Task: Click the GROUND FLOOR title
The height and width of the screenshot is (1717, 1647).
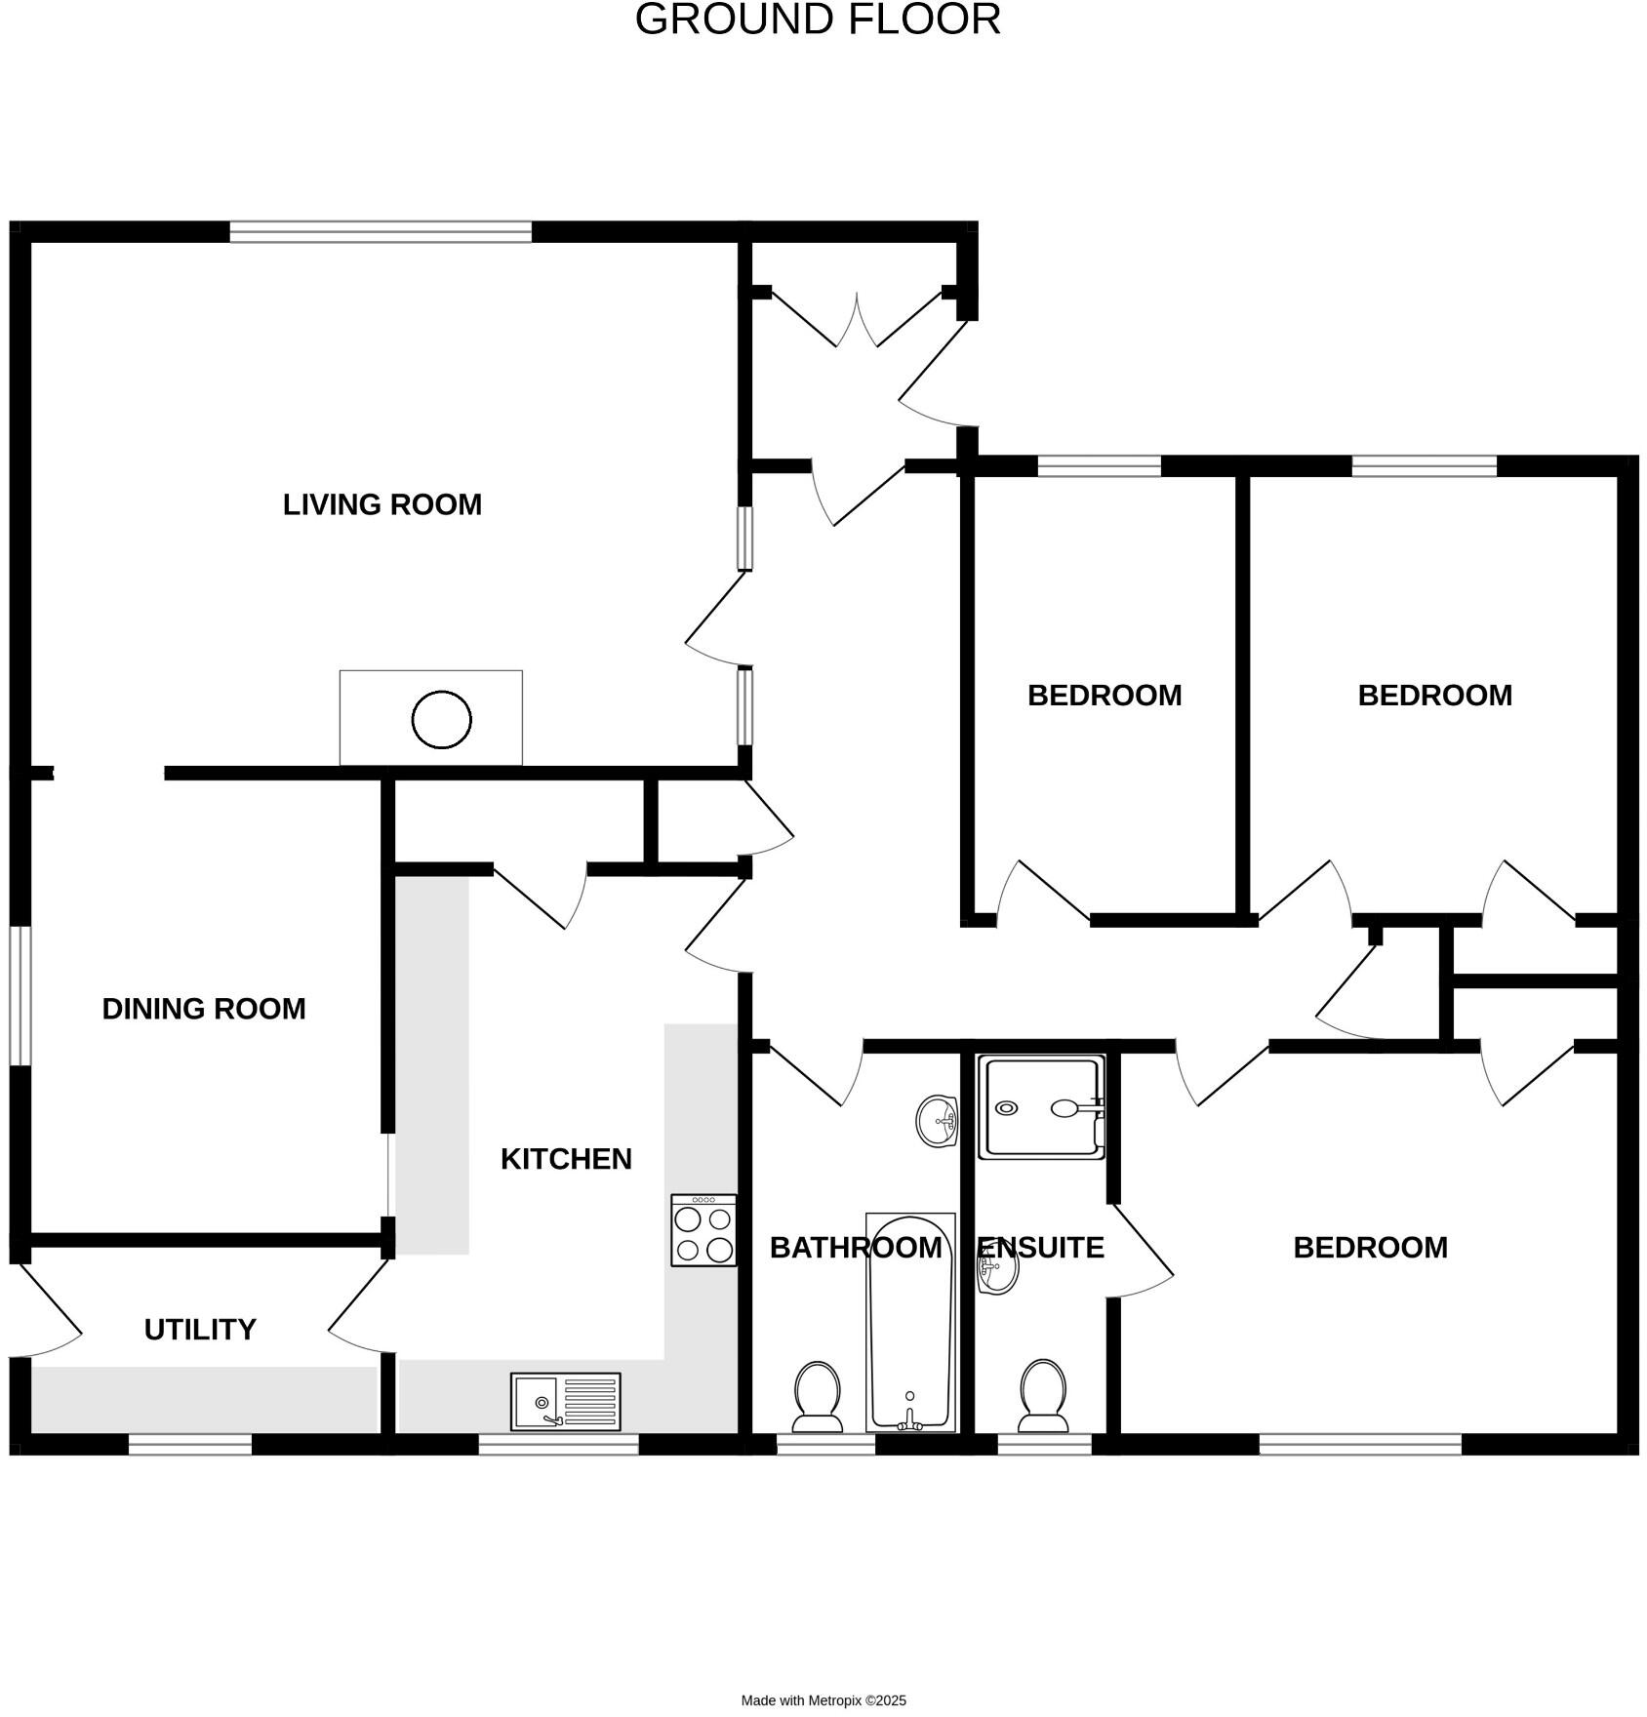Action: click(817, 20)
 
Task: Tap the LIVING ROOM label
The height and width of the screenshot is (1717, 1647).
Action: click(382, 504)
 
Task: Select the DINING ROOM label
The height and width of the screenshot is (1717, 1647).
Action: click(204, 1008)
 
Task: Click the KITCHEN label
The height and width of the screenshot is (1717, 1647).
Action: click(566, 1158)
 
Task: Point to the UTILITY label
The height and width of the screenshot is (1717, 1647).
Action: click(200, 1329)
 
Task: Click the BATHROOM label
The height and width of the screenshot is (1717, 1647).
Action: click(856, 1247)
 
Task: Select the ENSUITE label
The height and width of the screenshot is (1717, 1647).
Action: click(1041, 1247)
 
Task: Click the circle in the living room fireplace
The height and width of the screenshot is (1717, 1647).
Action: click(441, 719)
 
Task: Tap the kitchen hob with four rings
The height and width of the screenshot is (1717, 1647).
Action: click(703, 1230)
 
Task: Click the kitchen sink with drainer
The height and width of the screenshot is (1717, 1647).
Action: click(565, 1401)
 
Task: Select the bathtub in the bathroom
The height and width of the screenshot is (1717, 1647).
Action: click(910, 1322)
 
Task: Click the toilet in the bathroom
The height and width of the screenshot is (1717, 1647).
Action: click(818, 1396)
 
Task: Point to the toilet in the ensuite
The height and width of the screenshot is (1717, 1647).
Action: click(1042, 1394)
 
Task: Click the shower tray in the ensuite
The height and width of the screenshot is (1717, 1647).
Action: click(1042, 1106)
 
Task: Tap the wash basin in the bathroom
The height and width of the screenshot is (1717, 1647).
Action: click(938, 1120)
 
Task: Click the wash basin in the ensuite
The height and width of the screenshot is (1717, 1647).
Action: click(998, 1267)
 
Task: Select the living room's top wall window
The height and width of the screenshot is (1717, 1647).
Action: click(381, 231)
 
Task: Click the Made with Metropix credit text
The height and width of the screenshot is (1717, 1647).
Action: click(823, 1700)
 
